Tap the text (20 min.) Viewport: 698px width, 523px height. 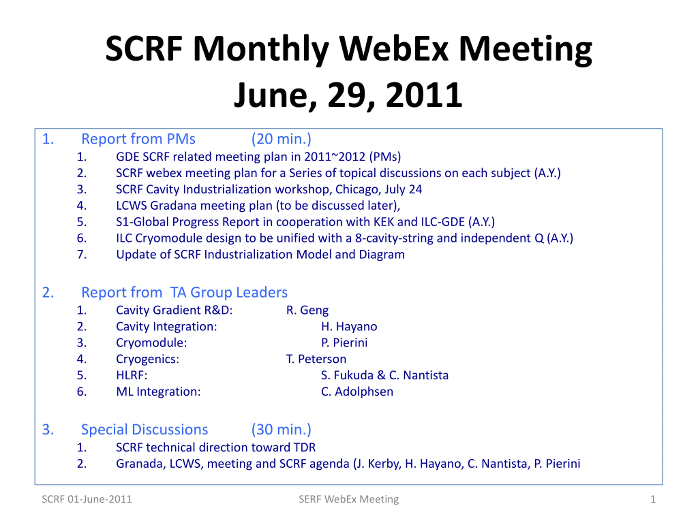[281, 139]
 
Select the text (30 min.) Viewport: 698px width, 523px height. [281, 429]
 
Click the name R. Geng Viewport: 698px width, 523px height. [307, 310]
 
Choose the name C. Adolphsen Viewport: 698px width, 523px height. [357, 391]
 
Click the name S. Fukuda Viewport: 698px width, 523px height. [347, 375]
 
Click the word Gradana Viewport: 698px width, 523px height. [174, 206]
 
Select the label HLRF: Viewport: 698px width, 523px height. [132, 375]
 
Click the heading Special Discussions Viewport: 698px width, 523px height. [145, 429]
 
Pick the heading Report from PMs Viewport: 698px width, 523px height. [138, 139]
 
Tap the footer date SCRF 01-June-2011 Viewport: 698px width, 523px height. [87, 499]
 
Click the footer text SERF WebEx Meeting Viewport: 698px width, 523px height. [349, 499]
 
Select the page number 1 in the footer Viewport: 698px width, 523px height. [653, 499]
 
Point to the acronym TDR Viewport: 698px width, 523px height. [305, 447]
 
